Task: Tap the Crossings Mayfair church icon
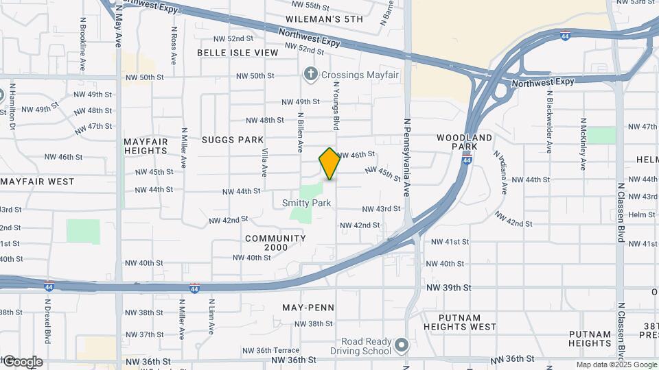click(x=310, y=73)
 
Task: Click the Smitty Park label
click(x=306, y=203)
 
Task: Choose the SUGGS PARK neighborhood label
click(x=233, y=140)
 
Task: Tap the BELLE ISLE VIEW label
click(x=238, y=53)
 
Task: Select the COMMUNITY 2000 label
click(x=275, y=243)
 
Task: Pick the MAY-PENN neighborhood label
click(x=308, y=308)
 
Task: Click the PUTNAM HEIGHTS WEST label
click(x=468, y=322)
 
